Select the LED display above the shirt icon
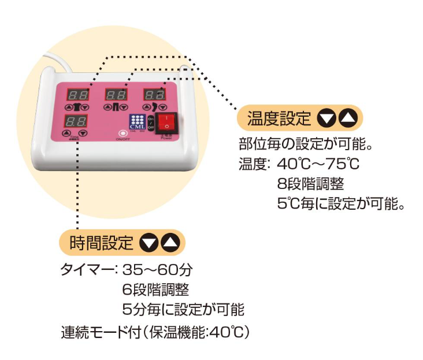click(x=79, y=94)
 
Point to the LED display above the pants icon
click(x=116, y=94)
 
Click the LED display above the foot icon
click(x=153, y=94)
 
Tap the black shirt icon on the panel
click(x=76, y=107)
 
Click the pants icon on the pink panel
click(x=115, y=107)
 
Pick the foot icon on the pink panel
click(x=153, y=107)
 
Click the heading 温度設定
click(x=279, y=119)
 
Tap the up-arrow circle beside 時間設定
click(x=171, y=243)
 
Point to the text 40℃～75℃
click(x=318, y=164)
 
